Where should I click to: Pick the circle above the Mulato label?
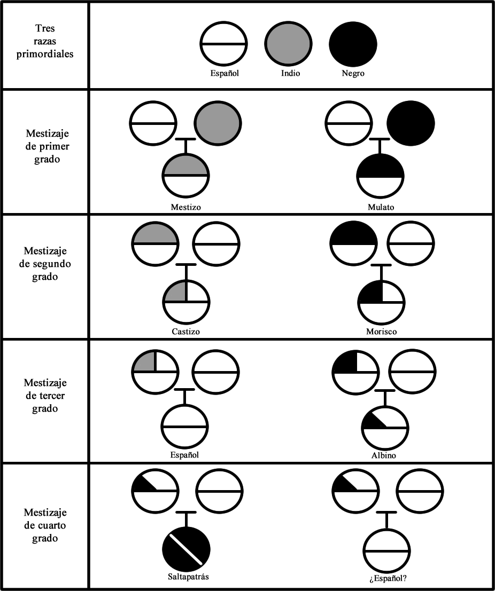coord(381,176)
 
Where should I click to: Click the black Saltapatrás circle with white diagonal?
coord(186,549)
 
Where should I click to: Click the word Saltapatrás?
coord(186,577)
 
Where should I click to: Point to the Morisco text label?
coord(382,332)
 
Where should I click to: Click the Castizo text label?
coord(186,332)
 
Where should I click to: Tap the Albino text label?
coord(384,455)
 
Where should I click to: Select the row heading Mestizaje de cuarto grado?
coord(45,525)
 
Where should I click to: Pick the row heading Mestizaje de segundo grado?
coord(45,264)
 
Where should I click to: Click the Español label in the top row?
coord(224,73)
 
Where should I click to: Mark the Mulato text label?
coord(381,207)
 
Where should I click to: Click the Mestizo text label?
coord(186,207)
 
